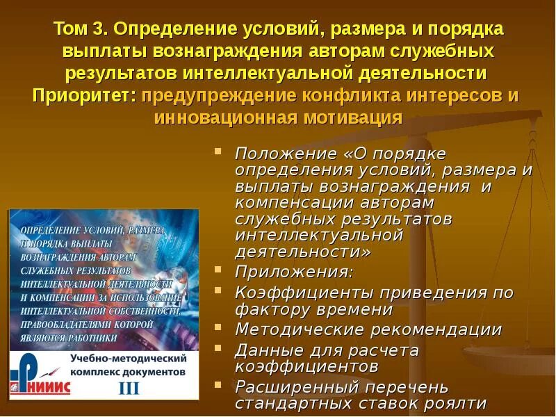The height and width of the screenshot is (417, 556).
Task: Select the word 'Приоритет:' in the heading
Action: [x=83, y=96]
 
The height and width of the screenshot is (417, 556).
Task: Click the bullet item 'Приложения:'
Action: [x=293, y=271]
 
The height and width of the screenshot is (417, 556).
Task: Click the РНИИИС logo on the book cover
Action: [x=41, y=375]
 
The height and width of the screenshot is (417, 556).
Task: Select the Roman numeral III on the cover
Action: [x=129, y=388]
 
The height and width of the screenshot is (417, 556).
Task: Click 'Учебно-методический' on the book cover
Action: [x=129, y=359]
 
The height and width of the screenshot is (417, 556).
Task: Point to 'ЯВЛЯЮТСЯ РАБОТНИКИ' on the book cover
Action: [x=69, y=337]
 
